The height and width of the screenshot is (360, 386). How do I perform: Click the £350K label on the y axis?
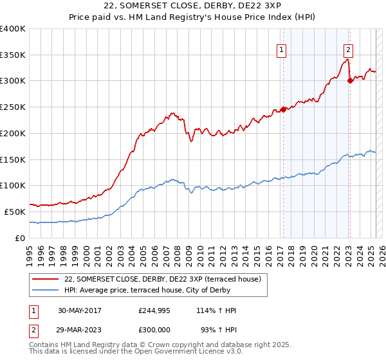coord(13,55)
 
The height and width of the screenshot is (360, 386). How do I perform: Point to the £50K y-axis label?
coord(15,212)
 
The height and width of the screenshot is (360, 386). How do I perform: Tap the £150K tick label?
coord(13,159)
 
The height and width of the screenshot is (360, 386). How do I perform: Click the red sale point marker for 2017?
coord(284,109)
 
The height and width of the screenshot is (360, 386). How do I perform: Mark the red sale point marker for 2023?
coord(350,80)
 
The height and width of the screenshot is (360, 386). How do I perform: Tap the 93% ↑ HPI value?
coord(219,330)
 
